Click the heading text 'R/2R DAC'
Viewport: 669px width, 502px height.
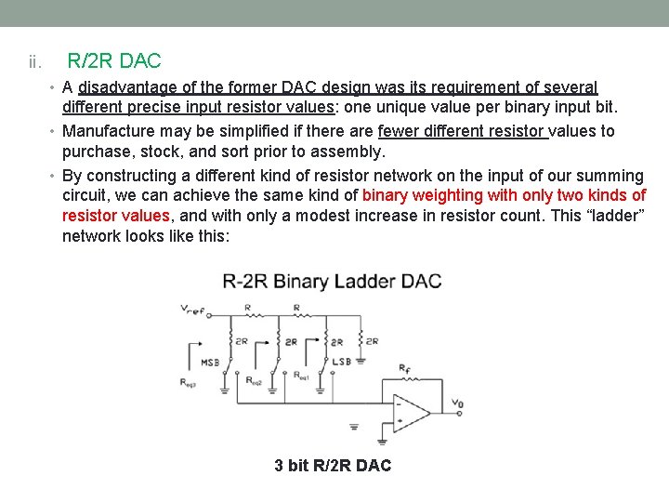[x=114, y=61]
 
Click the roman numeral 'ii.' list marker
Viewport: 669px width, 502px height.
[x=34, y=62]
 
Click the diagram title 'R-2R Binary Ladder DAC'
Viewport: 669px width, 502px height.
[x=332, y=281]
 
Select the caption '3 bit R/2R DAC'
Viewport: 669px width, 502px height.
[x=333, y=465]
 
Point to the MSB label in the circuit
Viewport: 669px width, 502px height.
[x=209, y=363]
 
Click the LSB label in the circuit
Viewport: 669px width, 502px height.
[x=341, y=362]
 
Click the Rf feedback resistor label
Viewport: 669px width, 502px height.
[x=404, y=370]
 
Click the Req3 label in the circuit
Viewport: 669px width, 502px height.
[x=190, y=381]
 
